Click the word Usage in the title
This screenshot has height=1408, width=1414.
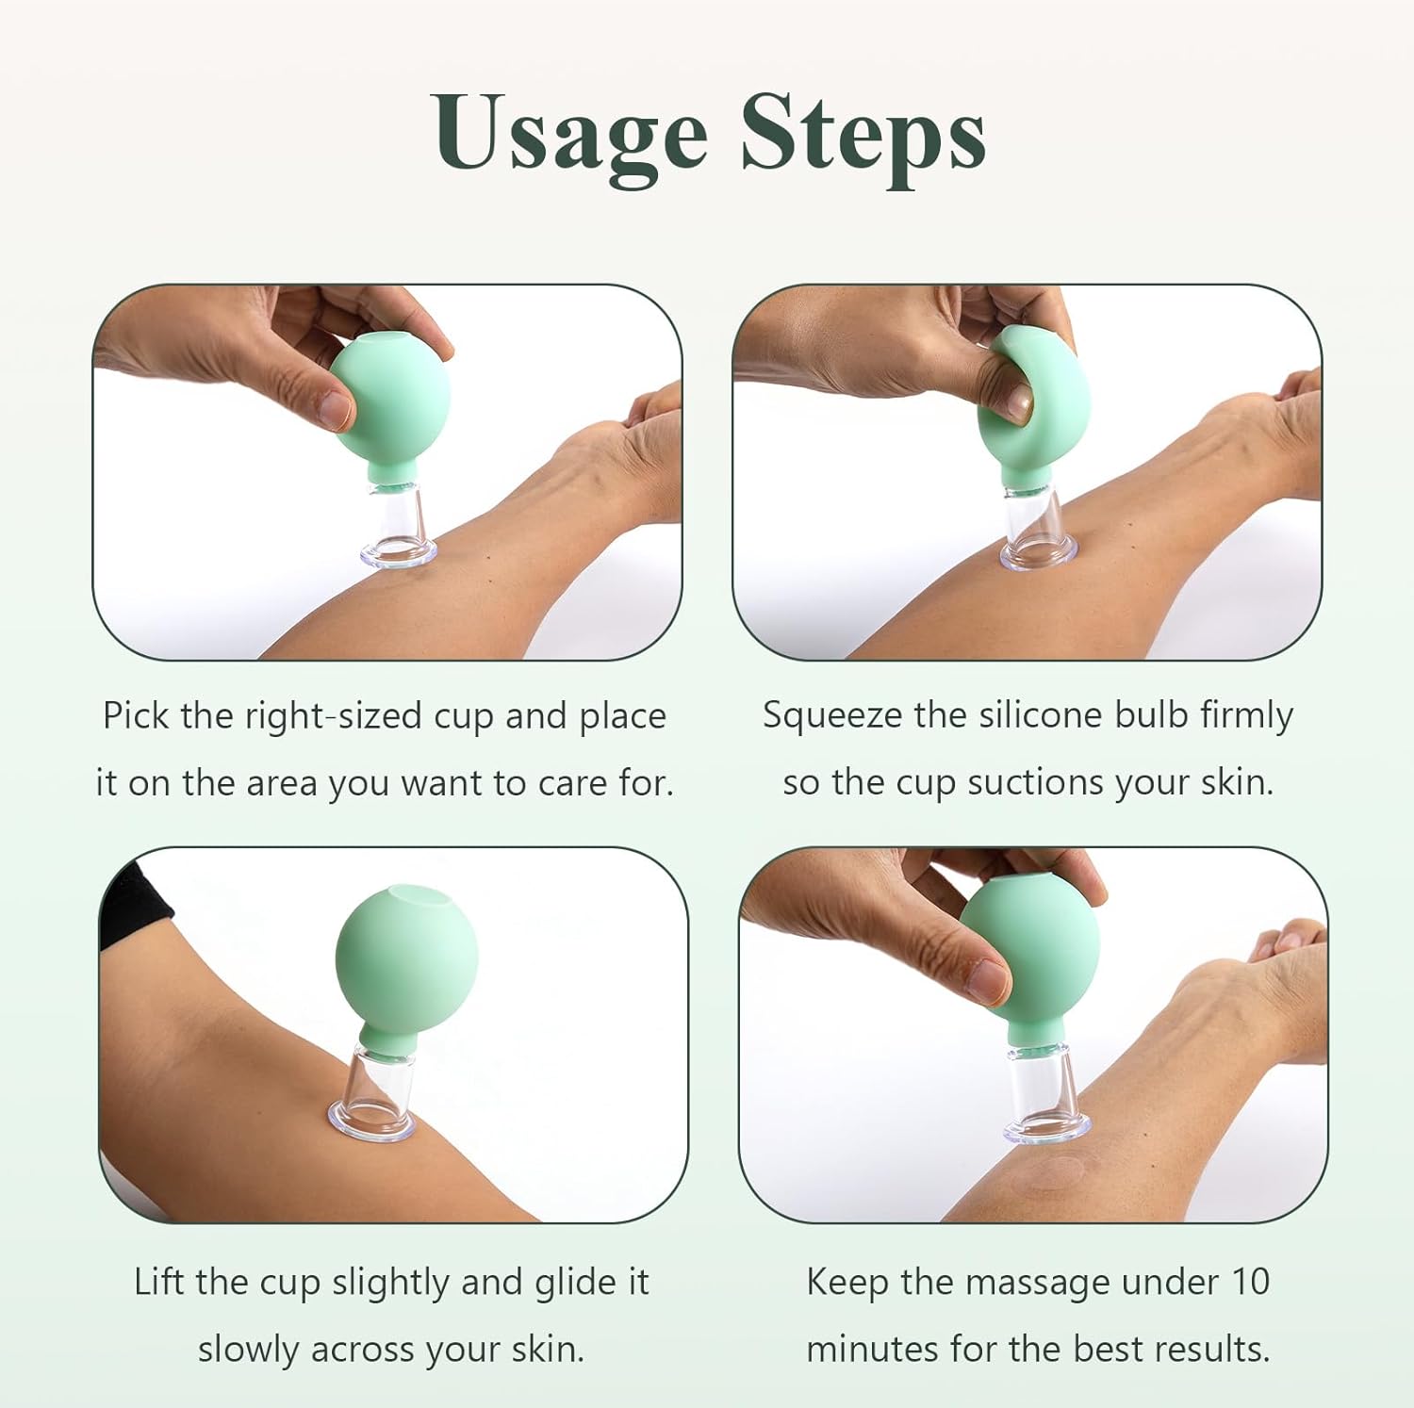point(571,134)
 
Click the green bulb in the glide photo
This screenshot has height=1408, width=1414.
point(405,961)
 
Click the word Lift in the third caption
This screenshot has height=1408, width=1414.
point(160,1282)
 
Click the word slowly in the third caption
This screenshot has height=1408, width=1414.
point(250,1349)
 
